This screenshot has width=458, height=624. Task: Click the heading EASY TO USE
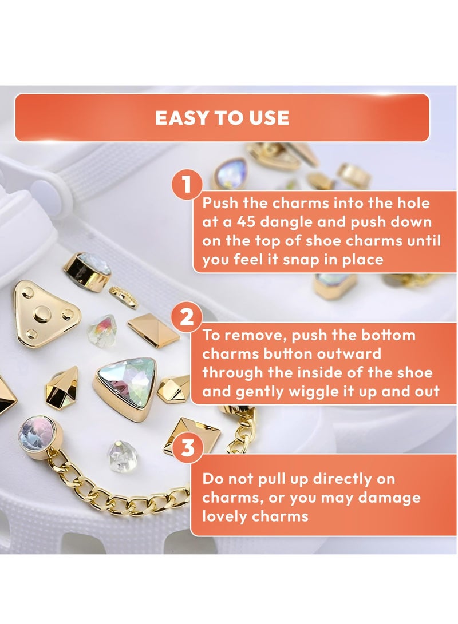[x=222, y=118]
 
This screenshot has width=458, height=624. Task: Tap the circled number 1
[x=187, y=186]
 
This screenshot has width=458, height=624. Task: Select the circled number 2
[x=187, y=316]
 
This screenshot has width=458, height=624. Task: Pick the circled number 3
[x=187, y=448]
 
